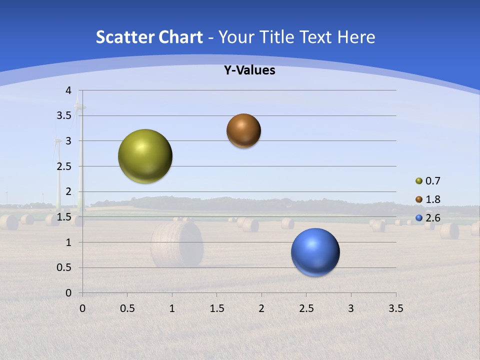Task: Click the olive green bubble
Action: coord(145,156)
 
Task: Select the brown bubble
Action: coord(243,130)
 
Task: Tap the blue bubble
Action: coord(315,252)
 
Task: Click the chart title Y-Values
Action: coord(249,70)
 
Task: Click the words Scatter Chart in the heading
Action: coord(149,37)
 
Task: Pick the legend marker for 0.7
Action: coord(419,181)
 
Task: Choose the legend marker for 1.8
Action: coord(419,199)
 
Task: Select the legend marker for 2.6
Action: coord(419,218)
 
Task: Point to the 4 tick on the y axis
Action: coord(68,90)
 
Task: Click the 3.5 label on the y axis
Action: coord(64,115)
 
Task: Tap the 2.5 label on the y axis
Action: coord(64,166)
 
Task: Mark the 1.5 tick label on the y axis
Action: coord(64,217)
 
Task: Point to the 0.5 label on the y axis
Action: coord(64,267)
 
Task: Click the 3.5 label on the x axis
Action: coord(395,308)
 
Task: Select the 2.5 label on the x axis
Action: coord(306,308)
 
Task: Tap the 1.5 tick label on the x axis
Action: coord(216,308)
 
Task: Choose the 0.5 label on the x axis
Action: coord(127,308)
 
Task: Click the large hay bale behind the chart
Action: coord(177,244)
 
